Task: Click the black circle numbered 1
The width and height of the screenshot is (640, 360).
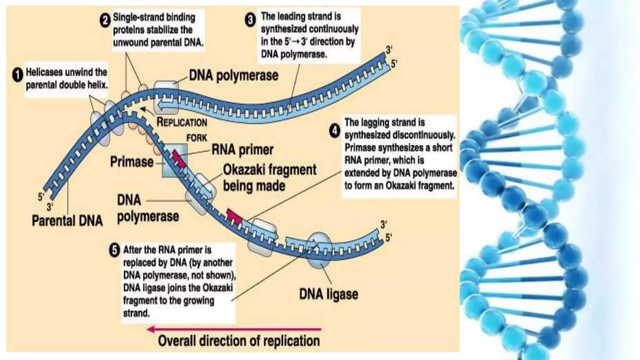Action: pyautogui.click(x=17, y=75)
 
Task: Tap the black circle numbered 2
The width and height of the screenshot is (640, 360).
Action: pyautogui.click(x=105, y=21)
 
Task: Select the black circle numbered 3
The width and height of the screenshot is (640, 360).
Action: pyautogui.click(x=250, y=20)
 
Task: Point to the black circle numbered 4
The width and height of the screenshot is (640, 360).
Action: pyautogui.click(x=335, y=131)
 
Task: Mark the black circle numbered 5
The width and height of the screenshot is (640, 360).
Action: pyautogui.click(x=114, y=250)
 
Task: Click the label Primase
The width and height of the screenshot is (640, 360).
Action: pyautogui.click(x=132, y=162)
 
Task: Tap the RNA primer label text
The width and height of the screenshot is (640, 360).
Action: pyautogui.click(x=242, y=150)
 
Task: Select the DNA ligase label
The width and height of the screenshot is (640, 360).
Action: pyautogui.click(x=328, y=294)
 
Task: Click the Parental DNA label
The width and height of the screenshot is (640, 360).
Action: pyautogui.click(x=67, y=221)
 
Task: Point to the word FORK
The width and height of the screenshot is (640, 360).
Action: pyautogui.click(x=197, y=138)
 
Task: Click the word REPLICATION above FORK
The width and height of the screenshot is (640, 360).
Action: pyautogui.click(x=182, y=122)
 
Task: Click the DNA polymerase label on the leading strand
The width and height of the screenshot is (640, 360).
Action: pyautogui.click(x=233, y=76)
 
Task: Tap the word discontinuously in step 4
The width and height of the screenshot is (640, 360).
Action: pyautogui.click(x=423, y=135)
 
